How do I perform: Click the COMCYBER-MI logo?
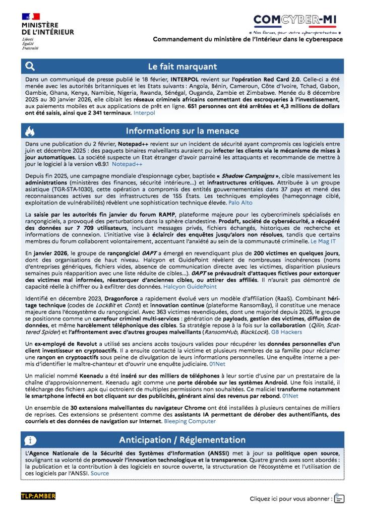296,21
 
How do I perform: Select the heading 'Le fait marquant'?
182,66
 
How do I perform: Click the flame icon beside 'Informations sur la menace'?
30,132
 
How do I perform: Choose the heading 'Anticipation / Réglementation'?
182,440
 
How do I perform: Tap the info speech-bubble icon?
30,440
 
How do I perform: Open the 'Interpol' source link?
144,113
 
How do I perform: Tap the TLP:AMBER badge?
38,496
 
